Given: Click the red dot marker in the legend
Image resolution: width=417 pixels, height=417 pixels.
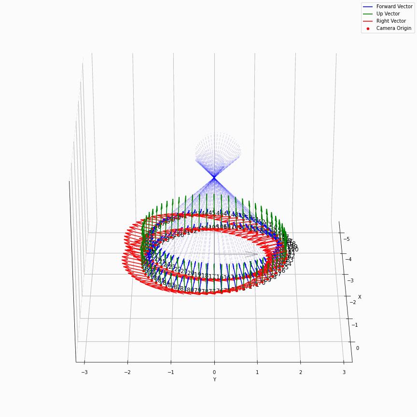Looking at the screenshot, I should point(368,28).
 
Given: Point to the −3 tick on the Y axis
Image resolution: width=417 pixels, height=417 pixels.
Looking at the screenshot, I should point(84,372).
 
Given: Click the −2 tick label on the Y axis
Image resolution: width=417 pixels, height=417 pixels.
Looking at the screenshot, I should point(127,372).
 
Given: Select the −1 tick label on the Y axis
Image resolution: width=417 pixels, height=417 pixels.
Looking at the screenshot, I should point(170,372).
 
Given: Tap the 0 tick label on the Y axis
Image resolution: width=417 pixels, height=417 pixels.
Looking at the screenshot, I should point(214,372).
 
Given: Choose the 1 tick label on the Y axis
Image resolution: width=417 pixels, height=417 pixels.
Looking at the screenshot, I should point(257,372).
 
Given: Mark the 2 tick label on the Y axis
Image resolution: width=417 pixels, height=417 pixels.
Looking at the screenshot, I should point(300,372).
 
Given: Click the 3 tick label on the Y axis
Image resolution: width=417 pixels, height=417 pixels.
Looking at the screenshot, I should point(343,372).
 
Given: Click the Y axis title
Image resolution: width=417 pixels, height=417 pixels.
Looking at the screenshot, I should point(214,380).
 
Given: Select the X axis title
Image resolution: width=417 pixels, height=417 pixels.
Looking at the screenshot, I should point(360,297).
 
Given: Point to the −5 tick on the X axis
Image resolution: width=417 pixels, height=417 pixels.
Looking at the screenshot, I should point(360,239).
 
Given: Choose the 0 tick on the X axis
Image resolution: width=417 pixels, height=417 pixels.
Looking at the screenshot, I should point(358,348).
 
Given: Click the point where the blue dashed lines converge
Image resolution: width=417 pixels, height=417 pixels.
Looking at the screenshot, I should point(214,179).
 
